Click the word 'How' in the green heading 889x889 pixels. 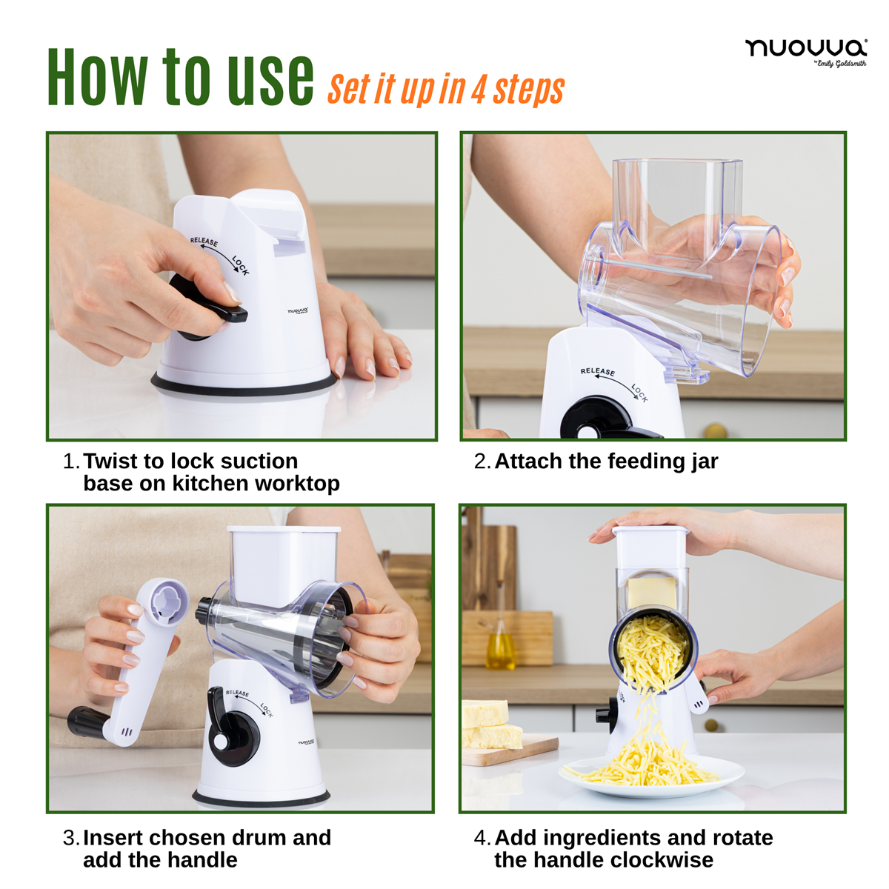98,77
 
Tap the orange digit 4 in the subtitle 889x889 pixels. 479,90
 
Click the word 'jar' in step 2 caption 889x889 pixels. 705,462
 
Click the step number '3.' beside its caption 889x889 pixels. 72,838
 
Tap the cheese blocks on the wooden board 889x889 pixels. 490,725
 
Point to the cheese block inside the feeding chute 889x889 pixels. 652,593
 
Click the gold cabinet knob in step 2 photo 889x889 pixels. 715,431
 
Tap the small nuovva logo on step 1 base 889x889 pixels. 298,311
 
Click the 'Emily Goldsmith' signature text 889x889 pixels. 841,64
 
